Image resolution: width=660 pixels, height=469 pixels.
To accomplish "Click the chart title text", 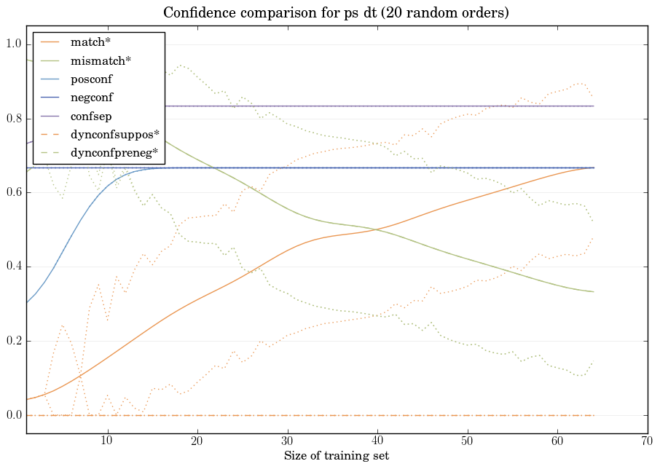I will point(336,13).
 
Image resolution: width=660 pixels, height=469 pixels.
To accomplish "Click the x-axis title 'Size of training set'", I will point(336,457).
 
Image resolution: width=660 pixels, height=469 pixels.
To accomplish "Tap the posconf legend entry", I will point(91,78).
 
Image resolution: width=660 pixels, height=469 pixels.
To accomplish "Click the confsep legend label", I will point(90,115).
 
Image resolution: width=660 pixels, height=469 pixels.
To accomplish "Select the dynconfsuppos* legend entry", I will point(114,134).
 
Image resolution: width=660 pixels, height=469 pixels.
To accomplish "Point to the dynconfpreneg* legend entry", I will point(114,152).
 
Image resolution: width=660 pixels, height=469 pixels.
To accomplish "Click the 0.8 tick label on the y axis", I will point(14,119).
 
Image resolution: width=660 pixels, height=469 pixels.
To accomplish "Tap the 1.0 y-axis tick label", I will point(14,44).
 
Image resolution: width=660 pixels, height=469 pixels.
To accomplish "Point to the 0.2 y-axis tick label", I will point(14,341).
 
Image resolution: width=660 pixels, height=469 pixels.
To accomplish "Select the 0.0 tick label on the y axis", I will point(14,415).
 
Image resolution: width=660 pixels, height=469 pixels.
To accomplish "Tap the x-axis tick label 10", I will point(107,441).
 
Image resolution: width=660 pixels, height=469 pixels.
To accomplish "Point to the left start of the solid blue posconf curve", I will point(27,302).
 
